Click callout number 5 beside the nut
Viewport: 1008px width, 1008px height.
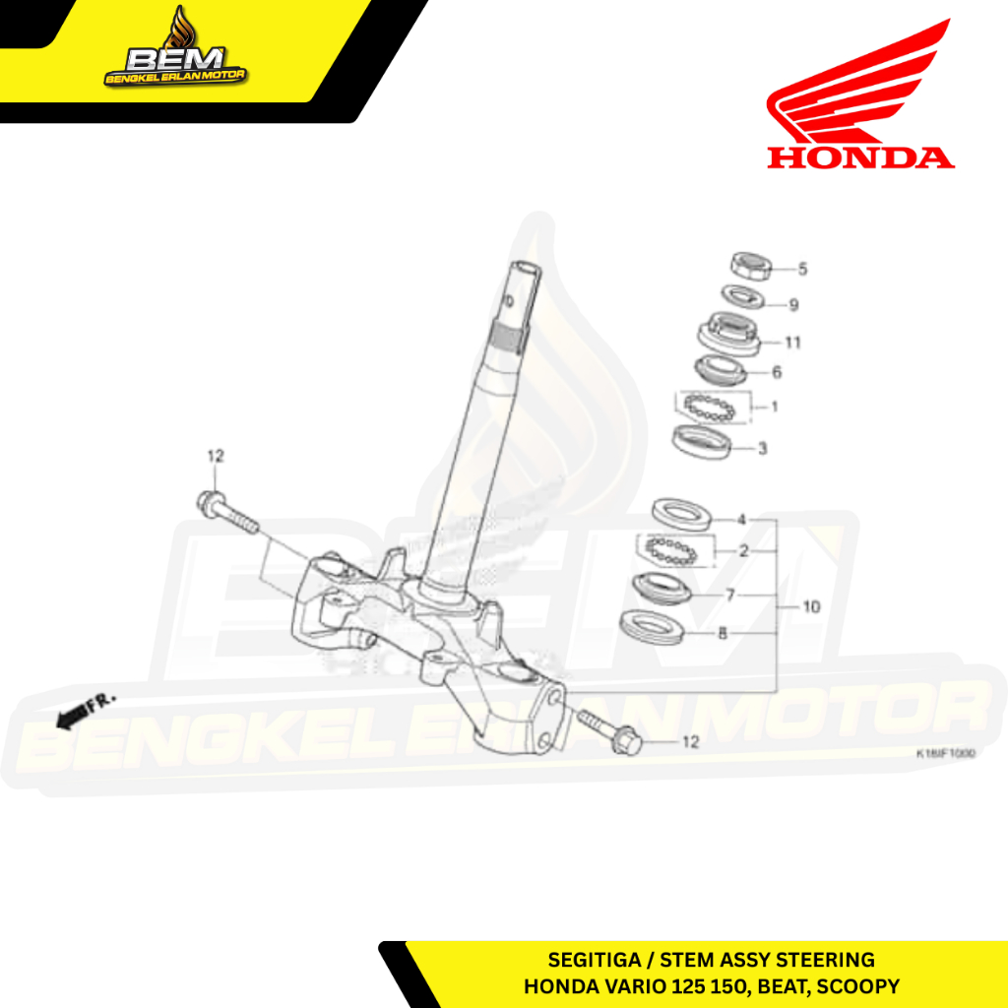(802, 268)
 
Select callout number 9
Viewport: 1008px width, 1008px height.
(793, 305)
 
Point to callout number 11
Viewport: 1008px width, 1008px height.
(792, 343)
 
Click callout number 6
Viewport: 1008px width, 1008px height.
(777, 372)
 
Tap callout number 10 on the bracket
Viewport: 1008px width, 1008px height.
(811, 607)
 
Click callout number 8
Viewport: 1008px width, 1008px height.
(723, 634)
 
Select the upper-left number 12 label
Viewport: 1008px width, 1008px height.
(216, 456)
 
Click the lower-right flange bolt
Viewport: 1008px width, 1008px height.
(608, 729)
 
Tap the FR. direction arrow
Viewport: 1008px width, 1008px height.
(85, 712)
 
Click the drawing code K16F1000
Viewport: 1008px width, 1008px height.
(945, 753)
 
